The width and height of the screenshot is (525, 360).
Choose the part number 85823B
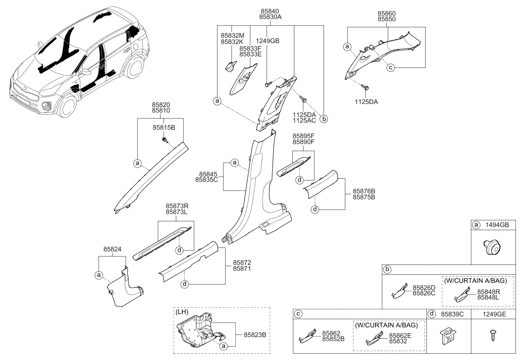tap(254, 335)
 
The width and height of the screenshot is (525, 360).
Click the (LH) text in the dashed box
tap(182, 312)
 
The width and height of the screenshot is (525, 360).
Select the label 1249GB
tap(268, 41)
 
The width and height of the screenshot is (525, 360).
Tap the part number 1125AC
tap(304, 121)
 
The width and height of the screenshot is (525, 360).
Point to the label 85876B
tap(364, 191)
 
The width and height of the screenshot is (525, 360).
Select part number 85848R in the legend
tap(488, 292)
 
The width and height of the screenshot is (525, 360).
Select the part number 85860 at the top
tap(388, 14)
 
